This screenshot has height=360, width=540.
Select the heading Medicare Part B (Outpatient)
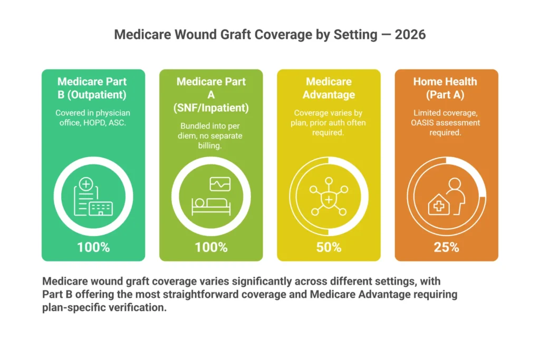92,88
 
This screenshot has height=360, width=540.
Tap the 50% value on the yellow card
329,247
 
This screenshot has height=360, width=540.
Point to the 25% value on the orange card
446,247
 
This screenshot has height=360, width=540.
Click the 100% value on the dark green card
93,247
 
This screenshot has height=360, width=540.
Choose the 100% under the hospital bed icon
211,247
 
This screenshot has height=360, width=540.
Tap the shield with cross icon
329,199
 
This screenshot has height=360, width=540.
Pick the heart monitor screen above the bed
220,184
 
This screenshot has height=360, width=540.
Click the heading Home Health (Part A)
446,88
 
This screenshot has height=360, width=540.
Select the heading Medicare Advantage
329,88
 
